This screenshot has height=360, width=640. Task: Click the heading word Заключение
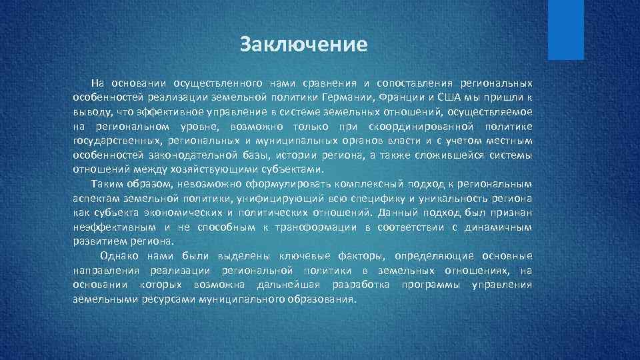(x=304, y=45)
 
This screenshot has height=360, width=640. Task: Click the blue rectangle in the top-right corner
(x=565, y=29)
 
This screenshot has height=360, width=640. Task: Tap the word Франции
(x=401, y=97)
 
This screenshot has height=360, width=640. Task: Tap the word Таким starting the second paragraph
(x=107, y=184)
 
